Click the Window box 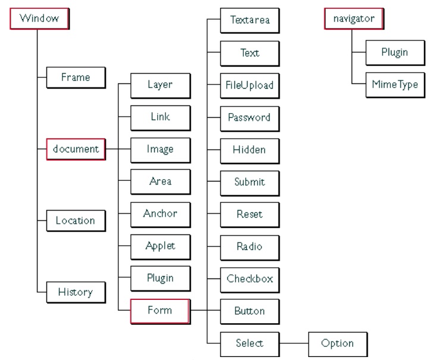[39, 18]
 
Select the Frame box [76, 77]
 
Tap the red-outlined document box [76, 148]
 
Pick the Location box [76, 220]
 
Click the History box [76, 292]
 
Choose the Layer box [160, 84]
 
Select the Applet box [160, 245]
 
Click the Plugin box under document [160, 277]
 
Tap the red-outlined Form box [160, 310]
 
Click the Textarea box [250, 20]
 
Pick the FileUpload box [250, 84]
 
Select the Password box [250, 117]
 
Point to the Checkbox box [250, 278]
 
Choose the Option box [337, 343]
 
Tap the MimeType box [394, 84]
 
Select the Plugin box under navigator [394, 52]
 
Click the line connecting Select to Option [294, 343]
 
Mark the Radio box [250, 246]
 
